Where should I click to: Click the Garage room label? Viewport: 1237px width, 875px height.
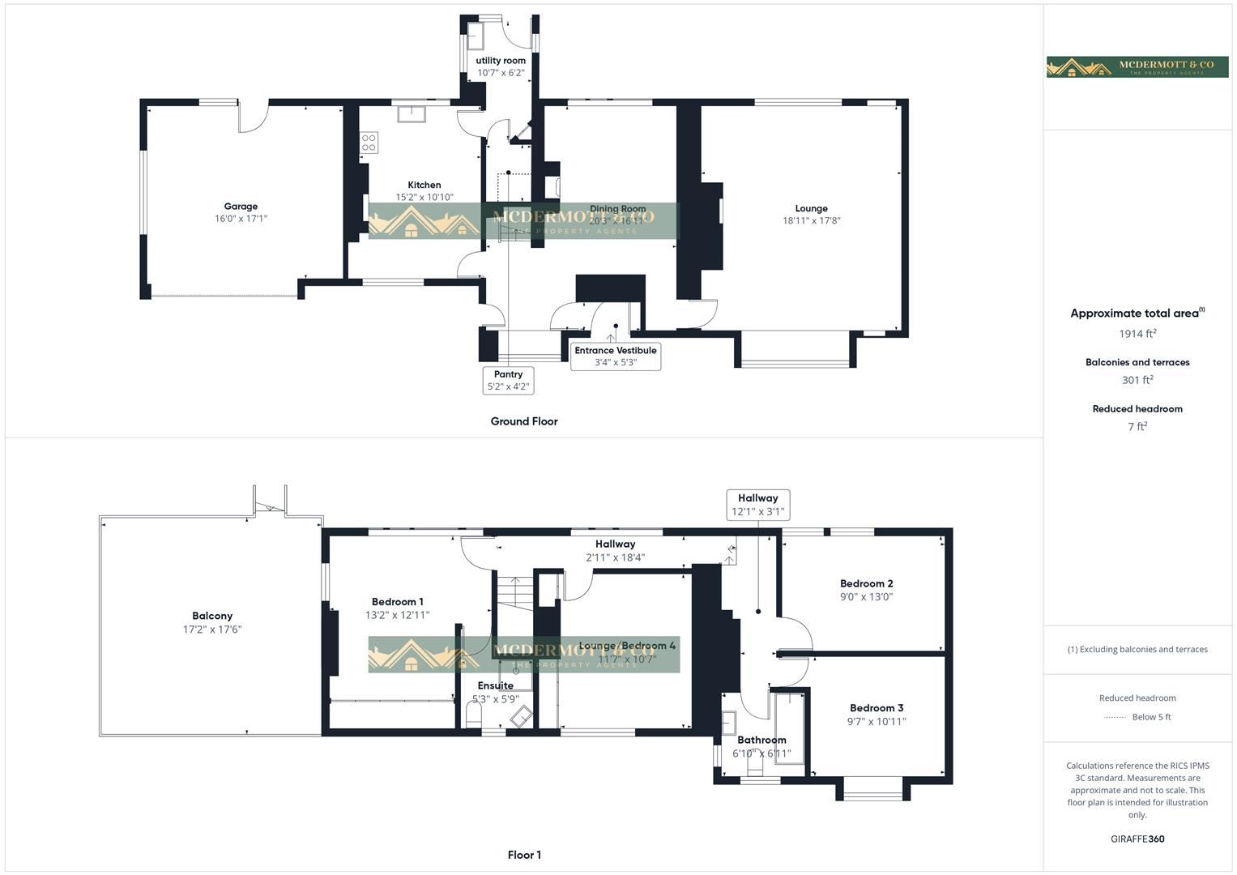coord(241,207)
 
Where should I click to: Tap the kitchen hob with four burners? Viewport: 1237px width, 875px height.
coord(369,143)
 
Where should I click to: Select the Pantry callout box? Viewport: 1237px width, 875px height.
coord(508,380)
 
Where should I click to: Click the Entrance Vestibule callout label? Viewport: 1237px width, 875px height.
coord(616,356)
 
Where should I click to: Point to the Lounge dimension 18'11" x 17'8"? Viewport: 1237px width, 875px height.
coord(811,220)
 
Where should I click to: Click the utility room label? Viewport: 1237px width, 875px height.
coord(501,61)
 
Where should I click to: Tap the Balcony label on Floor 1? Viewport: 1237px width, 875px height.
coord(212,616)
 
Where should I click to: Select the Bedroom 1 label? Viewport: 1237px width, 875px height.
coord(397,602)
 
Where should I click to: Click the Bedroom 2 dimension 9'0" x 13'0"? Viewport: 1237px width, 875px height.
coord(866,597)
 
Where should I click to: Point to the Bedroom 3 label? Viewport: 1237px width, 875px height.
coord(877,708)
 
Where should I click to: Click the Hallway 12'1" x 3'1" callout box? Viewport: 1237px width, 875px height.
coord(757,505)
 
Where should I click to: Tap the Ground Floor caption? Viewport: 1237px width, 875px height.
coord(524,421)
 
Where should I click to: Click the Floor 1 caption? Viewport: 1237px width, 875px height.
coord(524,855)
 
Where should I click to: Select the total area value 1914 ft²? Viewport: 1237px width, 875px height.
coord(1137,334)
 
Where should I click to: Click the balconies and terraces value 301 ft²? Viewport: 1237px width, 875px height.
coord(1137,380)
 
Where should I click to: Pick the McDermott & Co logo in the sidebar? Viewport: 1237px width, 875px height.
coord(1137,66)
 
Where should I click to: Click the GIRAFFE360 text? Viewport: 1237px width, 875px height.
coord(1137,839)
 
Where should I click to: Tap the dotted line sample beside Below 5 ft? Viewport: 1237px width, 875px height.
coord(1115,717)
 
